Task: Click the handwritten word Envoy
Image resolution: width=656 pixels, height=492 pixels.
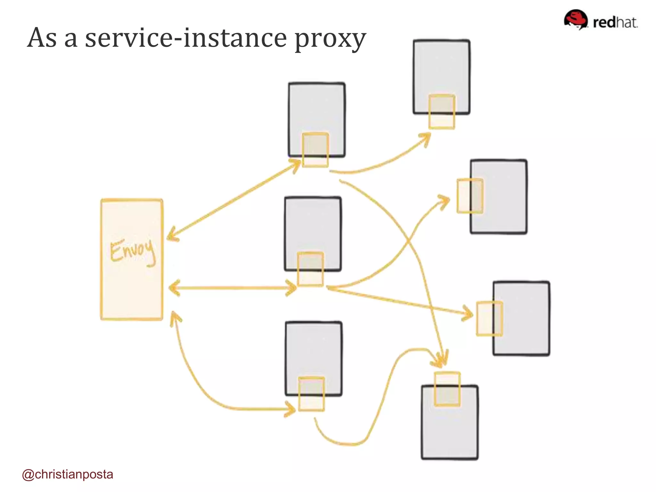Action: [x=133, y=251]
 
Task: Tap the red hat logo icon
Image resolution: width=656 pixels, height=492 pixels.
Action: [x=576, y=19]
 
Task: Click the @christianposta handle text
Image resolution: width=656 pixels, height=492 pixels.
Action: [x=68, y=474]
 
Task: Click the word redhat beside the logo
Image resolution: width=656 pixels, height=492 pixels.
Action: [x=615, y=22]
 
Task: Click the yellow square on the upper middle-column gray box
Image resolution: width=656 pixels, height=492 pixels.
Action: [x=316, y=150]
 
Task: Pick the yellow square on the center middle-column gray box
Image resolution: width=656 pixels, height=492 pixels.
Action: [x=310, y=269]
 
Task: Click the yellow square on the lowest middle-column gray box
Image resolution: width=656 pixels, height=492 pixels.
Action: [x=311, y=394]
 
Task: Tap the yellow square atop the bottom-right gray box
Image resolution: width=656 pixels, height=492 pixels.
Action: [x=447, y=389]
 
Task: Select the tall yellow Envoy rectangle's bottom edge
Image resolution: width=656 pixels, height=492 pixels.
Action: [x=132, y=319]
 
